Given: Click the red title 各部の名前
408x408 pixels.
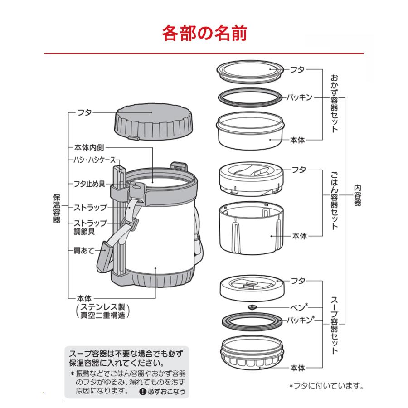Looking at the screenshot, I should click(204, 34).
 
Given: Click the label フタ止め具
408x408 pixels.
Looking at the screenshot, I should click(89, 184).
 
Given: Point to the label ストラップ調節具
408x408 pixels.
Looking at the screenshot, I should click(90, 227).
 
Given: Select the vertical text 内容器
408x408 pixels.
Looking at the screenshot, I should click(357, 195).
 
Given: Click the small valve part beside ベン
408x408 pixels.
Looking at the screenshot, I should click(252, 307).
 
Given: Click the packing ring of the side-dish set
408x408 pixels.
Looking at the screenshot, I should click(249, 96).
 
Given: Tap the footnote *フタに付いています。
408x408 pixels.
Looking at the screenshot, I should click(326, 386).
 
